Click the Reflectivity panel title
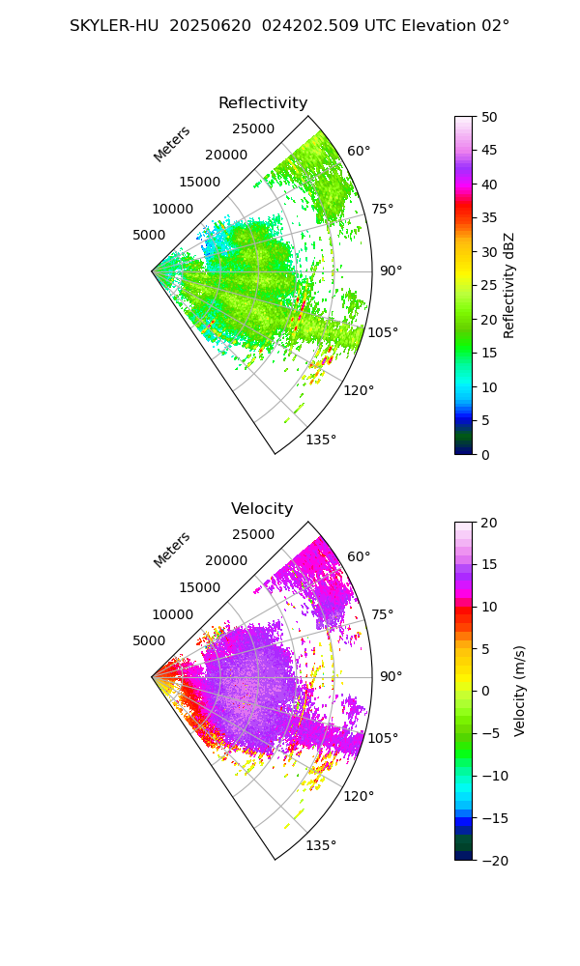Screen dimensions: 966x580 (263, 103)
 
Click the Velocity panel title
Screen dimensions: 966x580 (262, 509)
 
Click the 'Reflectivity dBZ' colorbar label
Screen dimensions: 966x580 (509, 285)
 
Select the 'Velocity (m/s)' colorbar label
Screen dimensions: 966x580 (520, 691)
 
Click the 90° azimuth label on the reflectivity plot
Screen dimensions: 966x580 (391, 271)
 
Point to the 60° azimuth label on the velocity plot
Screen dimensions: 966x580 (359, 556)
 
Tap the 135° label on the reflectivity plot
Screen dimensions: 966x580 (321, 440)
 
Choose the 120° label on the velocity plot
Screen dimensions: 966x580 (359, 796)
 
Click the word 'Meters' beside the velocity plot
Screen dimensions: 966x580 (172, 550)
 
